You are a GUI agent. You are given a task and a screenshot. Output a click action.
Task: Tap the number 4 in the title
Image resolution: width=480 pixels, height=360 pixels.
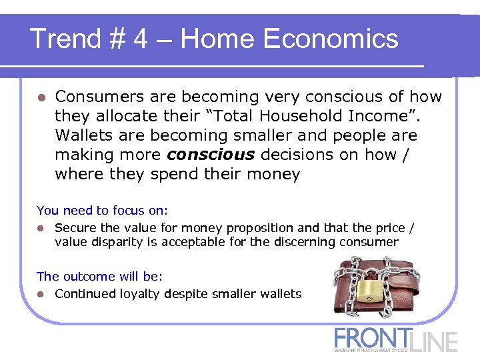click(x=141, y=39)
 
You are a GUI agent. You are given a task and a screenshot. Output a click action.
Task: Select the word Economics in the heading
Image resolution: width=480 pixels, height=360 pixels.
click(x=331, y=39)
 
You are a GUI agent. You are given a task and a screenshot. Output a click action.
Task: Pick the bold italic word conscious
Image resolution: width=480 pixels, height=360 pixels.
click(x=211, y=155)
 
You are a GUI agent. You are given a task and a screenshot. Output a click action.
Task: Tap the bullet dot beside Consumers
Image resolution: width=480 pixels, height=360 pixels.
click(x=41, y=97)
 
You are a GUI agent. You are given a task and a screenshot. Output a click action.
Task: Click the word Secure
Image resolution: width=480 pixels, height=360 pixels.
click(x=73, y=228)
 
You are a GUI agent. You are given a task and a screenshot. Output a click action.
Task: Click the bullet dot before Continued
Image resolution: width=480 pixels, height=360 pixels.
click(x=41, y=294)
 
